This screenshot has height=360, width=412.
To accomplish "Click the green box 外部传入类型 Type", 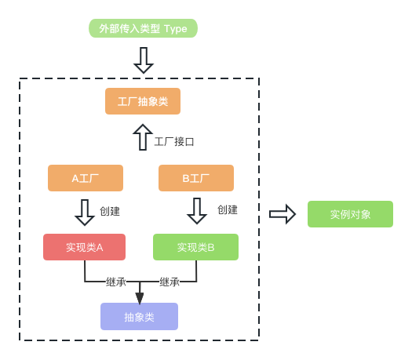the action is (x=143, y=28).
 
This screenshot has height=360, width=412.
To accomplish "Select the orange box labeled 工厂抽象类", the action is (x=143, y=101).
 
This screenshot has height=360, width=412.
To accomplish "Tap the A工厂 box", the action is (x=86, y=178).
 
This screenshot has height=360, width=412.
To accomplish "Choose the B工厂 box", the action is (x=196, y=178).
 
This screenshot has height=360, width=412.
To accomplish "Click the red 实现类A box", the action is (x=84, y=247).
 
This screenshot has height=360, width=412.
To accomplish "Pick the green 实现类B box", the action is (x=195, y=247).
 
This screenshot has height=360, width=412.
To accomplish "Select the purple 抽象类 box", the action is (x=139, y=316).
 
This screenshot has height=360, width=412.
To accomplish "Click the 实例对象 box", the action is (x=350, y=214).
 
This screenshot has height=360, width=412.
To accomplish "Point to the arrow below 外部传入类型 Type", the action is (x=144, y=60).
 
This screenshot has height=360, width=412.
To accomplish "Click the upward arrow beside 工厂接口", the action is (x=143, y=137).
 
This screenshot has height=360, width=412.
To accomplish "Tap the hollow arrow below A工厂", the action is (x=85, y=213).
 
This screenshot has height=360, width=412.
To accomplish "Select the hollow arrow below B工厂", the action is (x=197, y=211).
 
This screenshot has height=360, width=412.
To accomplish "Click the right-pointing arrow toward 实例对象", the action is (x=283, y=214).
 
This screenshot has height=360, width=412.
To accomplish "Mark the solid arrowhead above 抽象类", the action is (x=140, y=299).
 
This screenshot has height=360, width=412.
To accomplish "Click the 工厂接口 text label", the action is (x=174, y=142).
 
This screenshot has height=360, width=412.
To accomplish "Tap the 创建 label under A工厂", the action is (x=110, y=211).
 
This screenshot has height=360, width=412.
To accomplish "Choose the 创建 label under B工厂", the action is (x=228, y=209).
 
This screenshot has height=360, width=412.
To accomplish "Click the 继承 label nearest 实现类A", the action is (x=116, y=282).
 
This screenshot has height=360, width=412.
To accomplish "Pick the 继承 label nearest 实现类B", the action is (x=170, y=282).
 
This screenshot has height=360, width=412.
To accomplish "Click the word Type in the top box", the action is (x=176, y=29).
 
